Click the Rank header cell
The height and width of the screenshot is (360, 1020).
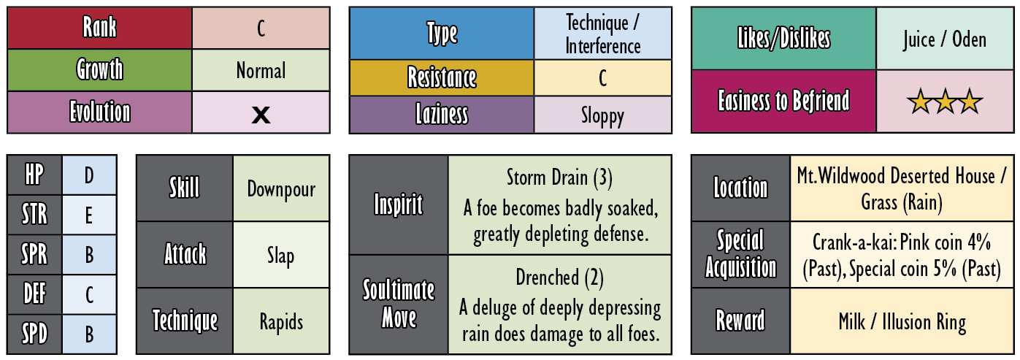pyautogui.click(x=100, y=28)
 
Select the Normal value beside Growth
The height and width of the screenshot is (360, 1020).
pyautogui.click(x=261, y=71)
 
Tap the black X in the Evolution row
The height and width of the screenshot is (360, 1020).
pyautogui.click(x=261, y=115)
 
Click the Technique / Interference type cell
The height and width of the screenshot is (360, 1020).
pyautogui.click(x=603, y=34)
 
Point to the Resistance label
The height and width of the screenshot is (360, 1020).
pyautogui.click(x=442, y=77)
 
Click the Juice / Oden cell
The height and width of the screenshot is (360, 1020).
pyautogui.click(x=945, y=39)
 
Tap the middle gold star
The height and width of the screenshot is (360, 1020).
pyautogui.click(x=945, y=102)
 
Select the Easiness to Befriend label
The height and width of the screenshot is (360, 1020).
pyautogui.click(x=783, y=101)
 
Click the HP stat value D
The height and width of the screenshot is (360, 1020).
pyautogui.click(x=89, y=175)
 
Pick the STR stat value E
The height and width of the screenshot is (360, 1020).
pyautogui.click(x=89, y=215)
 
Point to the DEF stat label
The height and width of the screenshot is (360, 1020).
pyautogui.click(x=34, y=294)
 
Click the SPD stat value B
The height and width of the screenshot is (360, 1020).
pyautogui.click(x=89, y=334)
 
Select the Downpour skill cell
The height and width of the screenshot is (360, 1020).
pyautogui.click(x=281, y=188)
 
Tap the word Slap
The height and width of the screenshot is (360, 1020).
pyautogui.click(x=280, y=256)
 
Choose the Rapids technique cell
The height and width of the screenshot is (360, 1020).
pyautogui.click(x=281, y=321)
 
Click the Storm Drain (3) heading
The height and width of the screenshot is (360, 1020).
pyautogui.click(x=559, y=177)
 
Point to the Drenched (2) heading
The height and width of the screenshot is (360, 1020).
pyautogui.click(x=559, y=277)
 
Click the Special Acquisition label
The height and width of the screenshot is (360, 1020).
pyautogui.click(x=740, y=254)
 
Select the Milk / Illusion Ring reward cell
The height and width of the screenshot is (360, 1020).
pyautogui.click(x=902, y=321)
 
